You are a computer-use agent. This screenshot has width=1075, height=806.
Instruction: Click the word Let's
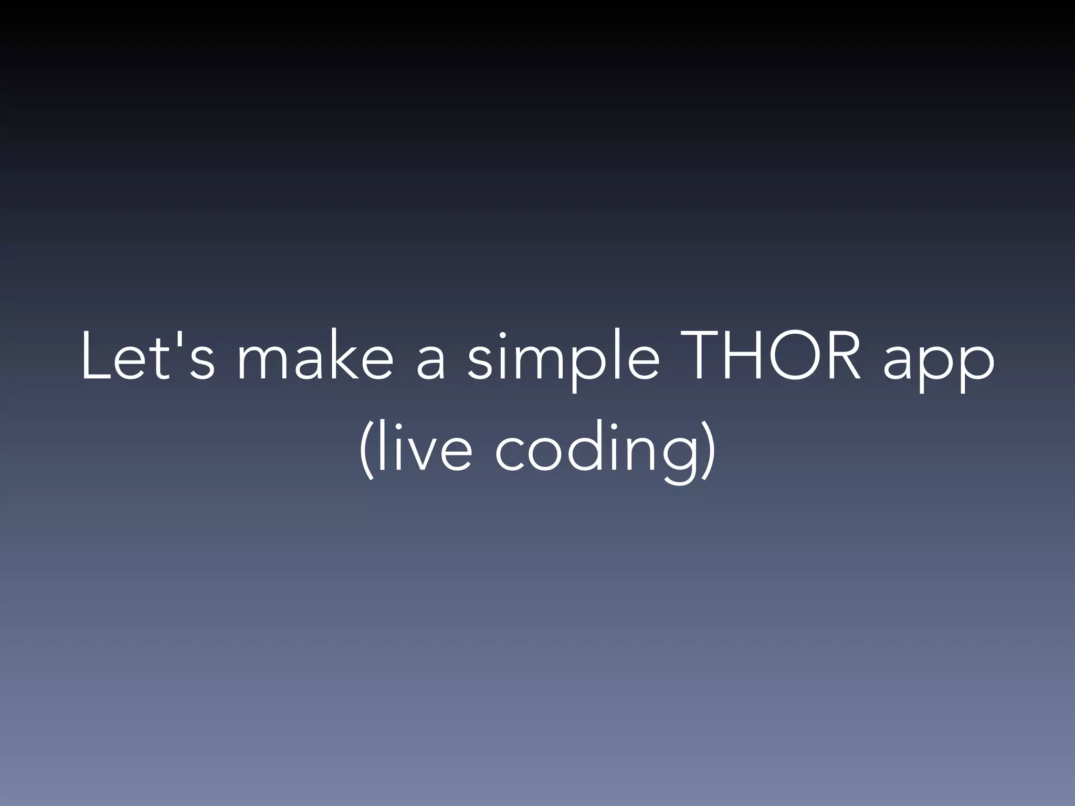pos(147,357)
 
